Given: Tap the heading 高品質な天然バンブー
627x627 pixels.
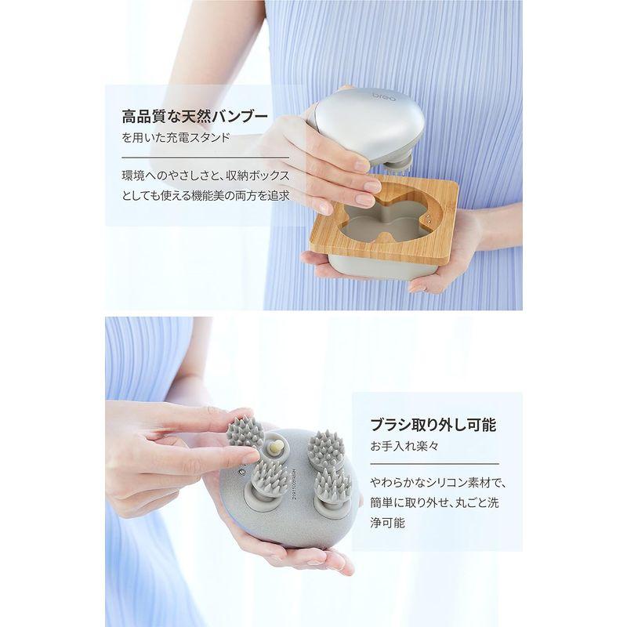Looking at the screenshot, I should coord(195,118).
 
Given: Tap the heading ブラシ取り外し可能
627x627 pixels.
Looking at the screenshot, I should coord(434,426).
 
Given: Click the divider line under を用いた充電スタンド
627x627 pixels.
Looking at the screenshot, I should coord(195,156).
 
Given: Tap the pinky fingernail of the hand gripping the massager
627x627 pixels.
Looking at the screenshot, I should coord(324,208).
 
